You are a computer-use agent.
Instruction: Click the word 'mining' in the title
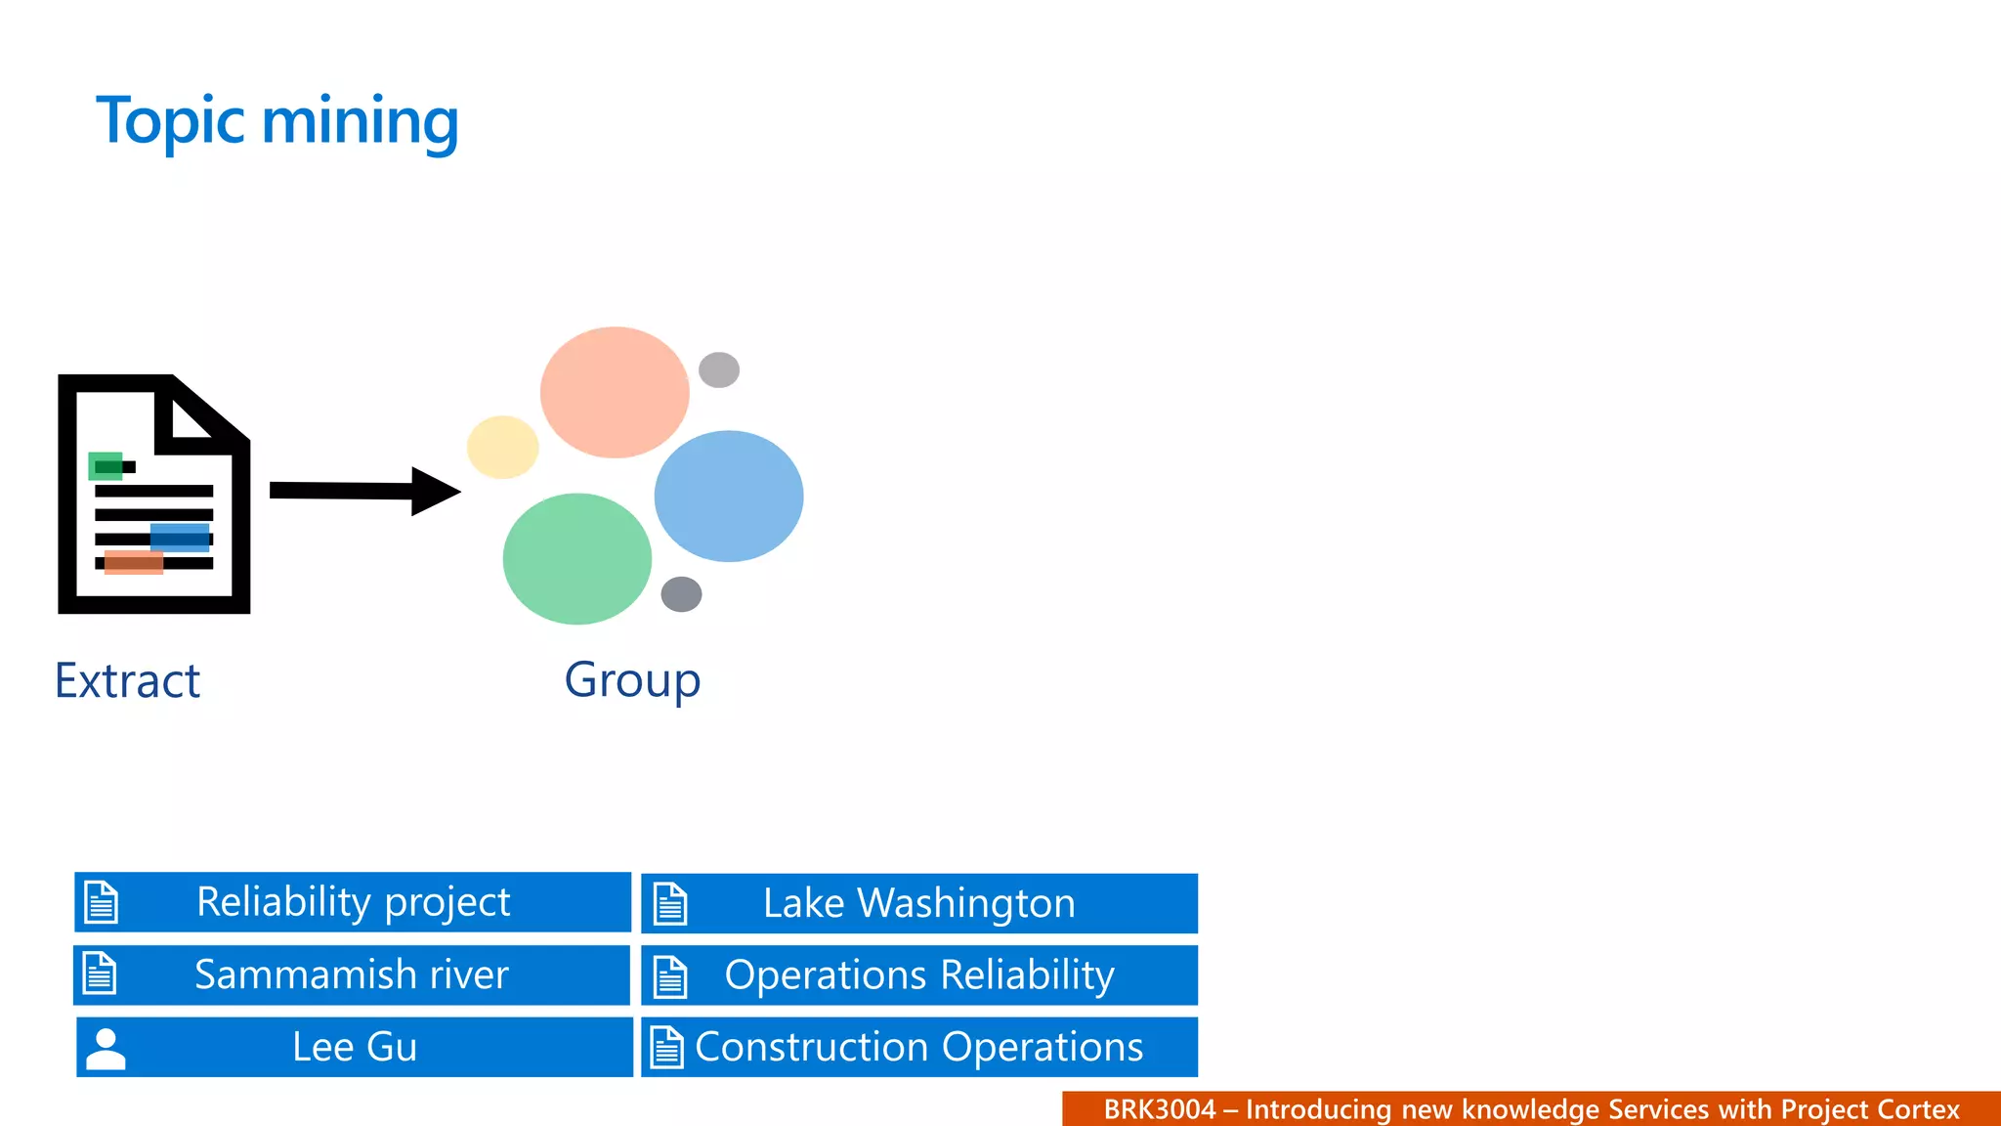point(360,122)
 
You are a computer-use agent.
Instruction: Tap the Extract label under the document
point(128,680)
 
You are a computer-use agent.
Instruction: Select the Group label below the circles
point(632,680)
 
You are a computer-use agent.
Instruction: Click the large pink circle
point(615,392)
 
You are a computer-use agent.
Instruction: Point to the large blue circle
point(729,497)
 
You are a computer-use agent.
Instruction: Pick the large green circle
point(576,559)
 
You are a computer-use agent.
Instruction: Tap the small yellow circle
point(502,447)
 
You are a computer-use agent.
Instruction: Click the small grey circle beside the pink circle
point(719,369)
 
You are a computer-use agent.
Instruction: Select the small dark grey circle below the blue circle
point(681,593)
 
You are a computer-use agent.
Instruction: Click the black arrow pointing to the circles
point(362,491)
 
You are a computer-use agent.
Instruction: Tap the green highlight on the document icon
point(106,466)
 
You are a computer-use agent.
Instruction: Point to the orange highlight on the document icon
point(134,562)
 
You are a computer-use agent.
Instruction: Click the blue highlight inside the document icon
point(180,538)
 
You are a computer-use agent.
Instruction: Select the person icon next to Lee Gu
point(106,1049)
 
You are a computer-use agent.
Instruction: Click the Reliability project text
point(353,902)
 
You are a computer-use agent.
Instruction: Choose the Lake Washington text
point(918,904)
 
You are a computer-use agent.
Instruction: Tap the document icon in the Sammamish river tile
point(100,974)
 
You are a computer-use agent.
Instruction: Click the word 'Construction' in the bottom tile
point(813,1048)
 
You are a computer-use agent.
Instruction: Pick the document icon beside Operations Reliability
point(670,976)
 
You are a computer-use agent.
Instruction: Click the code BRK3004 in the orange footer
point(1160,1109)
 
